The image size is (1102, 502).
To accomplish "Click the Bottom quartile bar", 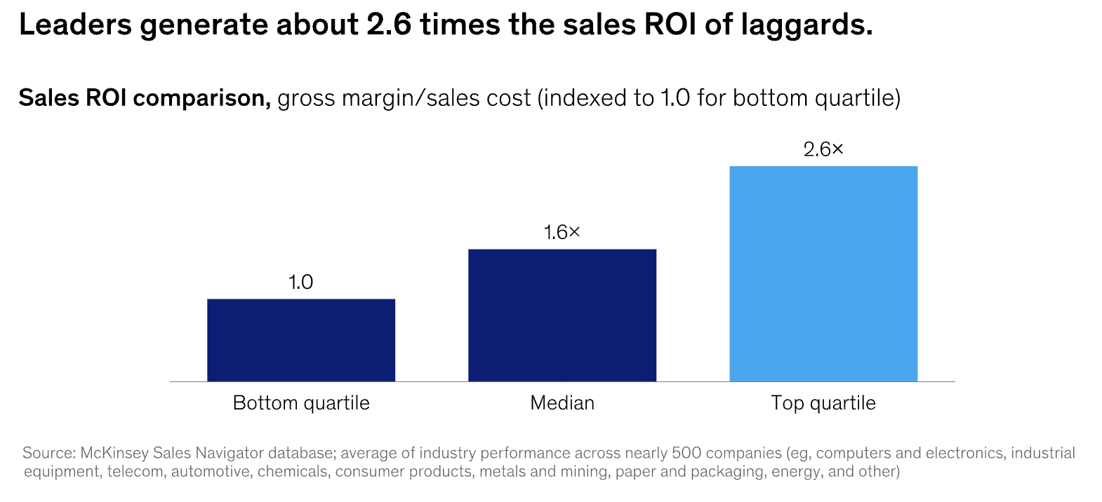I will point(301,340).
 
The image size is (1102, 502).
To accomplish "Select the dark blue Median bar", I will point(562,315).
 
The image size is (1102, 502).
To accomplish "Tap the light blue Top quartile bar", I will point(823,273).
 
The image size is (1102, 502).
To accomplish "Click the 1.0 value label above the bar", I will point(300,283).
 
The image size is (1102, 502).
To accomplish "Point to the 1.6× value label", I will point(562,233).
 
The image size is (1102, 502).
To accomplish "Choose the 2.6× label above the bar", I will point(823,149).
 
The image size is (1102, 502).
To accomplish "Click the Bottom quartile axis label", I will point(301,403).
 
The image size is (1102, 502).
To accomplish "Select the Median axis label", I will point(562,403).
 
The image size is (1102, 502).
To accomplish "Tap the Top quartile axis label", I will point(823,403).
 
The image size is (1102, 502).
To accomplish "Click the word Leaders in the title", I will point(75,25).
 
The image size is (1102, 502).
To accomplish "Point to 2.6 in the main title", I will point(388,25).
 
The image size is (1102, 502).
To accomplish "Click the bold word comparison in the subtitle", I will point(199,98).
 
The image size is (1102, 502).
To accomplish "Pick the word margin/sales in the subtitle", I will point(436,98).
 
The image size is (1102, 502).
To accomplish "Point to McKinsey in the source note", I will point(114,453).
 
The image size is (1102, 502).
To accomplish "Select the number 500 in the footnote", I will point(686,453).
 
